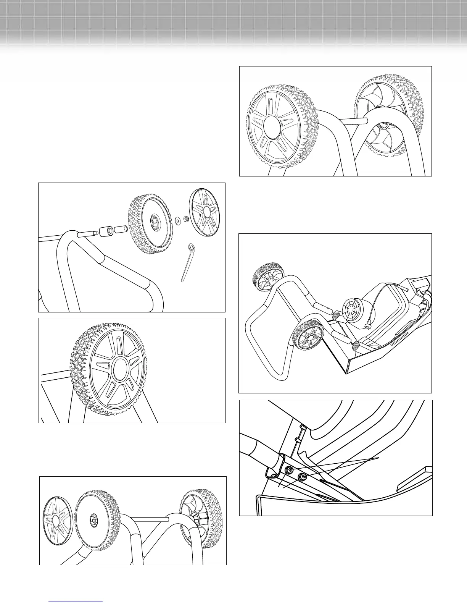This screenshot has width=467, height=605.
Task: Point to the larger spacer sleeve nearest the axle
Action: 106,231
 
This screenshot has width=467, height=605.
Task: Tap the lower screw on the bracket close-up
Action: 303,477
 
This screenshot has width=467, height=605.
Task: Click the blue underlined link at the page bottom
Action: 76,602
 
